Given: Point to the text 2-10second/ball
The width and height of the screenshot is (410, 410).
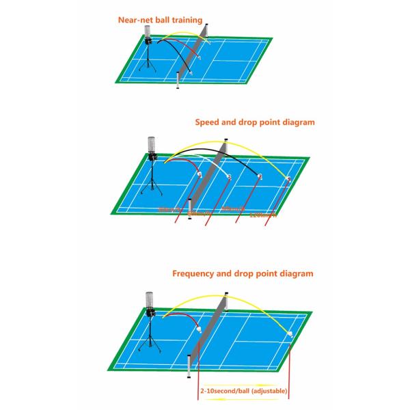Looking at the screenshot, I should coord(226,391).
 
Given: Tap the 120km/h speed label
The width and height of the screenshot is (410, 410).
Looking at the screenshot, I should coord(263,214).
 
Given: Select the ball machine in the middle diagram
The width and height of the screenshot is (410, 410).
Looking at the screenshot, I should coord(152,154).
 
